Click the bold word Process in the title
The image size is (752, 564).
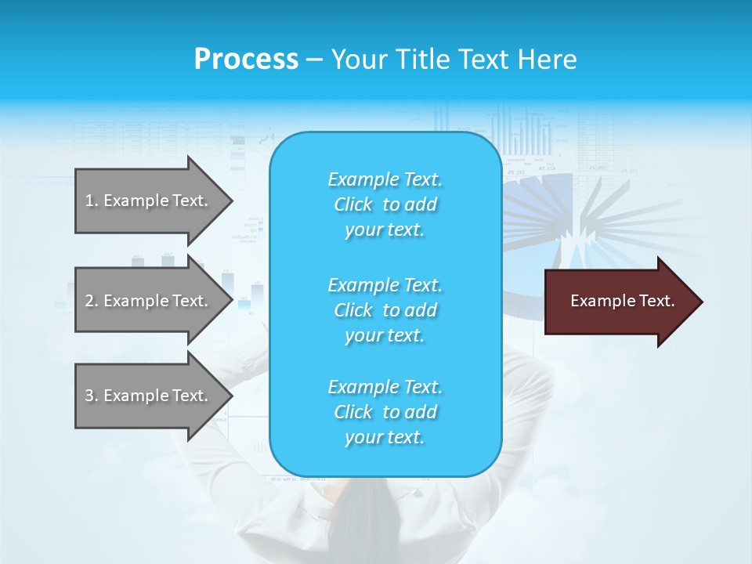[x=246, y=60]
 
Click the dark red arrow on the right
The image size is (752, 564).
[x=619, y=301]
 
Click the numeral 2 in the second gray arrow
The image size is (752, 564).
[x=89, y=301]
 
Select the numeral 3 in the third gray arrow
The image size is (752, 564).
[x=89, y=396]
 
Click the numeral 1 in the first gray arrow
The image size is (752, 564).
[x=89, y=201]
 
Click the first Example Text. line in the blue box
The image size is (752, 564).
[x=385, y=179]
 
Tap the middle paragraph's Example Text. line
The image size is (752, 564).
[x=385, y=285]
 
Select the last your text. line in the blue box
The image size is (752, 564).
[x=385, y=437]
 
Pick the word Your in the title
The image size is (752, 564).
[x=359, y=60]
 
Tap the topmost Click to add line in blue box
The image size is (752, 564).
[x=385, y=204]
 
